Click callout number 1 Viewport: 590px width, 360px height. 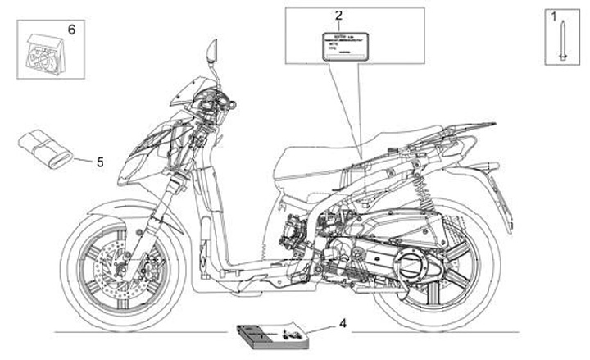553,16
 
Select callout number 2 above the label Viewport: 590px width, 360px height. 338,16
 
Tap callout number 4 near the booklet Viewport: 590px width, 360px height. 343,323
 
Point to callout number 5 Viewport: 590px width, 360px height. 100,162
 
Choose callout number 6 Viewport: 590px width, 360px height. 70,30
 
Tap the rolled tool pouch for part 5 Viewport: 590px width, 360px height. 48,147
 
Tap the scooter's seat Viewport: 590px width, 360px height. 328,164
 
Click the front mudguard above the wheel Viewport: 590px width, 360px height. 111,214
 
